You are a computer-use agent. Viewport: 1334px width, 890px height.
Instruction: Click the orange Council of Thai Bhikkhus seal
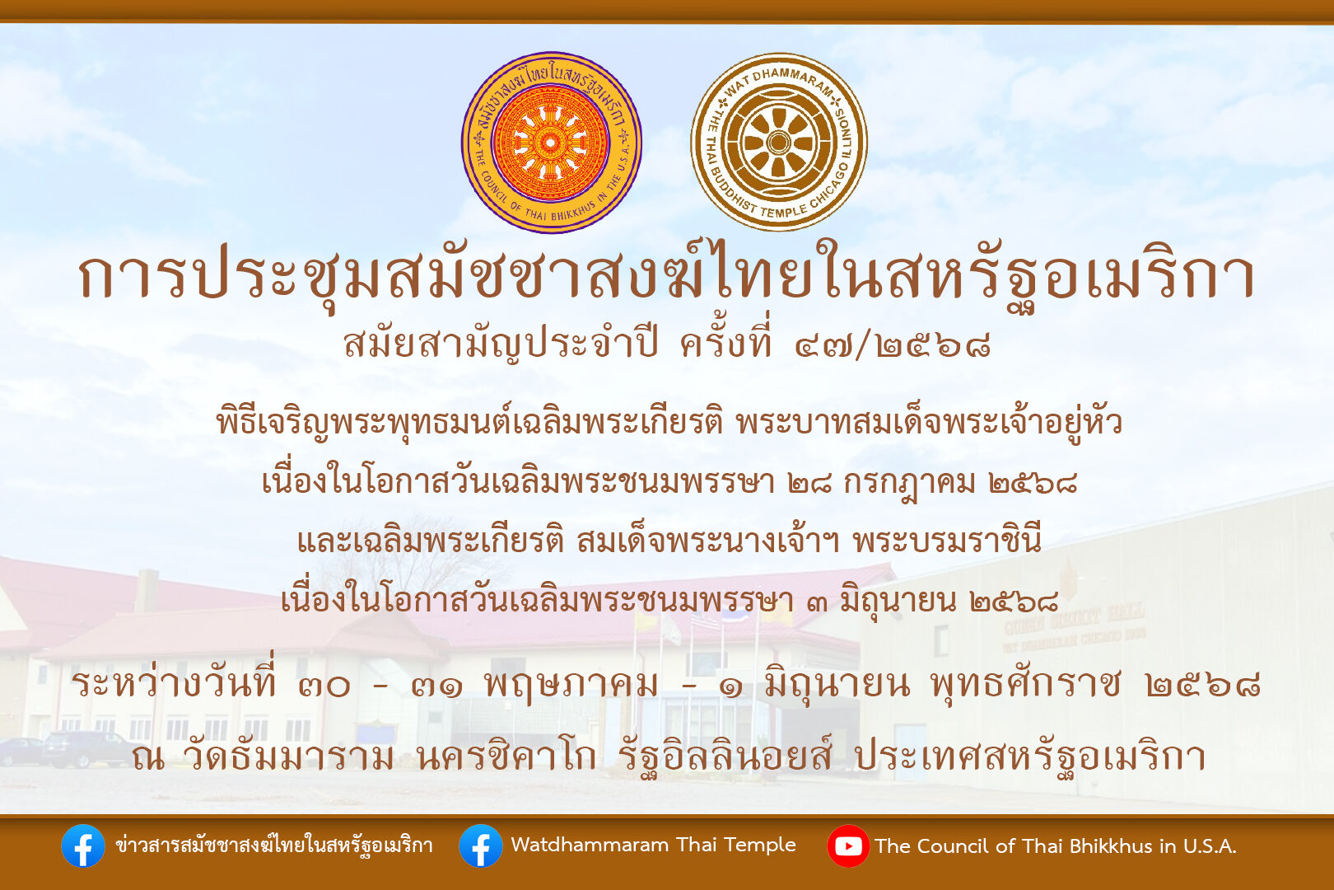click(x=551, y=143)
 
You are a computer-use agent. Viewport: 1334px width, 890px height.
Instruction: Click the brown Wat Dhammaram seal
click(x=778, y=142)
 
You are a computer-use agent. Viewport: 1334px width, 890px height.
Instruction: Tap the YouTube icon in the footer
click(x=848, y=845)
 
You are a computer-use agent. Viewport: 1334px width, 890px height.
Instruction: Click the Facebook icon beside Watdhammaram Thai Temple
click(x=481, y=845)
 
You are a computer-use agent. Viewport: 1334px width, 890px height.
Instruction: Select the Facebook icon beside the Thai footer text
click(x=83, y=845)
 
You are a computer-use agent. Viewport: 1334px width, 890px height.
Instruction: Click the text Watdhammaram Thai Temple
click(x=653, y=845)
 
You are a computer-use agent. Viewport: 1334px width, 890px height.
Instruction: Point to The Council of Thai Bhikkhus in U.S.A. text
click(x=1056, y=845)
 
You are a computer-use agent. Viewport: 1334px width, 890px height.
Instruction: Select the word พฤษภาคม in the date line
click(x=571, y=685)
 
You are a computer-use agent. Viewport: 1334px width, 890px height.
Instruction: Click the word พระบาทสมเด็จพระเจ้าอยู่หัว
click(x=930, y=422)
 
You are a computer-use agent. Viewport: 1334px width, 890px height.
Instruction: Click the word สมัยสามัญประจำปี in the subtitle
click(x=501, y=344)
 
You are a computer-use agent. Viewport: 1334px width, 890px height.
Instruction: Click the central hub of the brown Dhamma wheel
click(x=778, y=142)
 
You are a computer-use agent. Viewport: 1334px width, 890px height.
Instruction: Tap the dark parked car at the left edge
click(x=83, y=749)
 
